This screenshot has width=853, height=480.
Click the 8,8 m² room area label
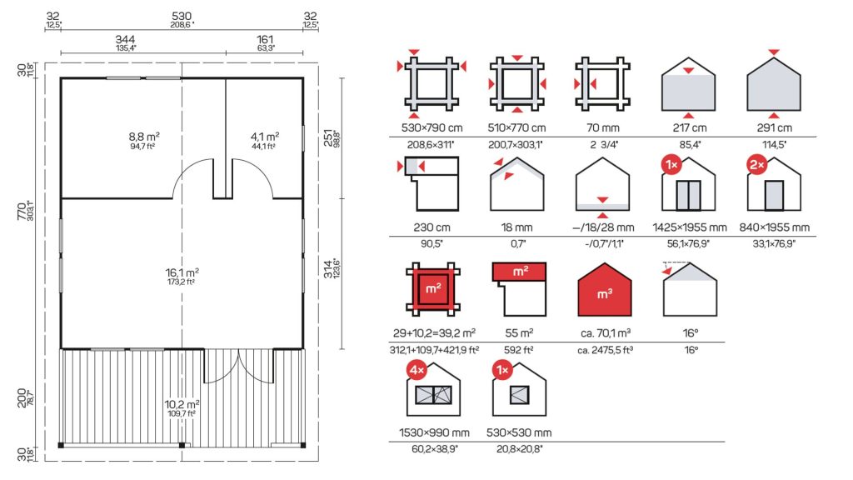click(x=144, y=136)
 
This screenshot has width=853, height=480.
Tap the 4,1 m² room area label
click(x=265, y=136)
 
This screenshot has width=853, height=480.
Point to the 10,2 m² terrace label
click(x=182, y=404)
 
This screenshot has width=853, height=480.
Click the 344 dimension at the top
click(x=125, y=39)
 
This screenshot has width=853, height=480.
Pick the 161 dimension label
click(x=265, y=39)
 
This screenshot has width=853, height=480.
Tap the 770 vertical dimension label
click(x=22, y=211)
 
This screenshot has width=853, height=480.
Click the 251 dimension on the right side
click(x=328, y=138)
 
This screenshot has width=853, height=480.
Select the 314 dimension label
click(x=328, y=269)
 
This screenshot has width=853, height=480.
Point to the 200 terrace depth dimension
click(x=22, y=397)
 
